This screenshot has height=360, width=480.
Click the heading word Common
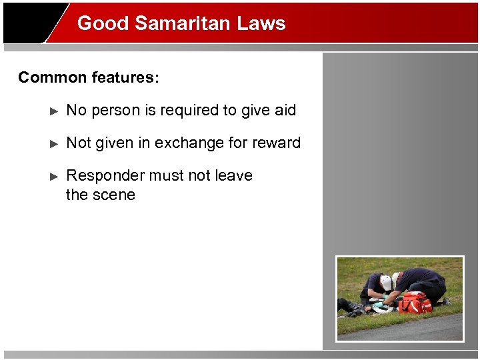[x=52, y=77]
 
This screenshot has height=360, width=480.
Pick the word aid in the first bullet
[x=285, y=110]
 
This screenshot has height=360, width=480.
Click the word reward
[x=276, y=143]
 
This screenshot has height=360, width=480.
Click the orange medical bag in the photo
[x=414, y=303]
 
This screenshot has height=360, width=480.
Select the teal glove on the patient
[x=378, y=304]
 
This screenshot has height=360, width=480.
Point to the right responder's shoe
[x=445, y=301]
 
